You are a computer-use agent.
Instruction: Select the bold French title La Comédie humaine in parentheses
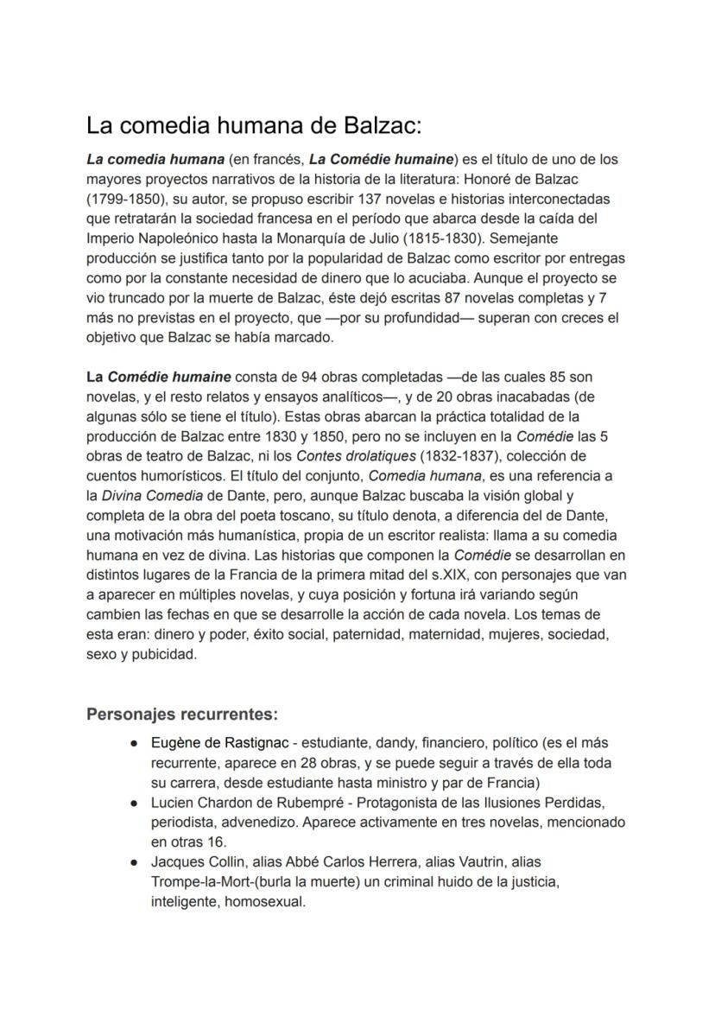(x=381, y=160)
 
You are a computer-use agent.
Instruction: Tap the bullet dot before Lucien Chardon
(x=136, y=803)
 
